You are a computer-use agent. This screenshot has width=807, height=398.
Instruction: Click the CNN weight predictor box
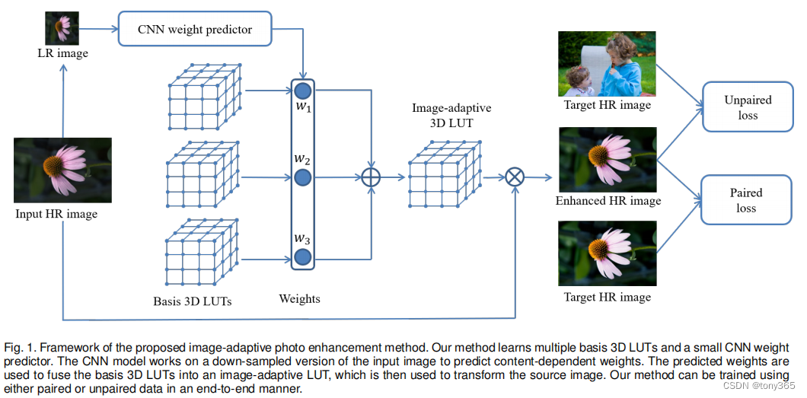[195, 30]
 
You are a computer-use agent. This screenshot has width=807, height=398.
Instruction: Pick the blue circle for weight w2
[303, 179]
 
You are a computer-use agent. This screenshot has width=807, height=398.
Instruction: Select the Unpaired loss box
[748, 108]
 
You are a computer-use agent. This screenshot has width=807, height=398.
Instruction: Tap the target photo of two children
[607, 63]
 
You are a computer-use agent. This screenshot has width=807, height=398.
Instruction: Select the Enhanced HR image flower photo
[607, 160]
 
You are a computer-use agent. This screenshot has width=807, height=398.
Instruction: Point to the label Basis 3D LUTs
[192, 301]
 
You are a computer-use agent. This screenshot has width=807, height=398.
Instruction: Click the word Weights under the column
[299, 299]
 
